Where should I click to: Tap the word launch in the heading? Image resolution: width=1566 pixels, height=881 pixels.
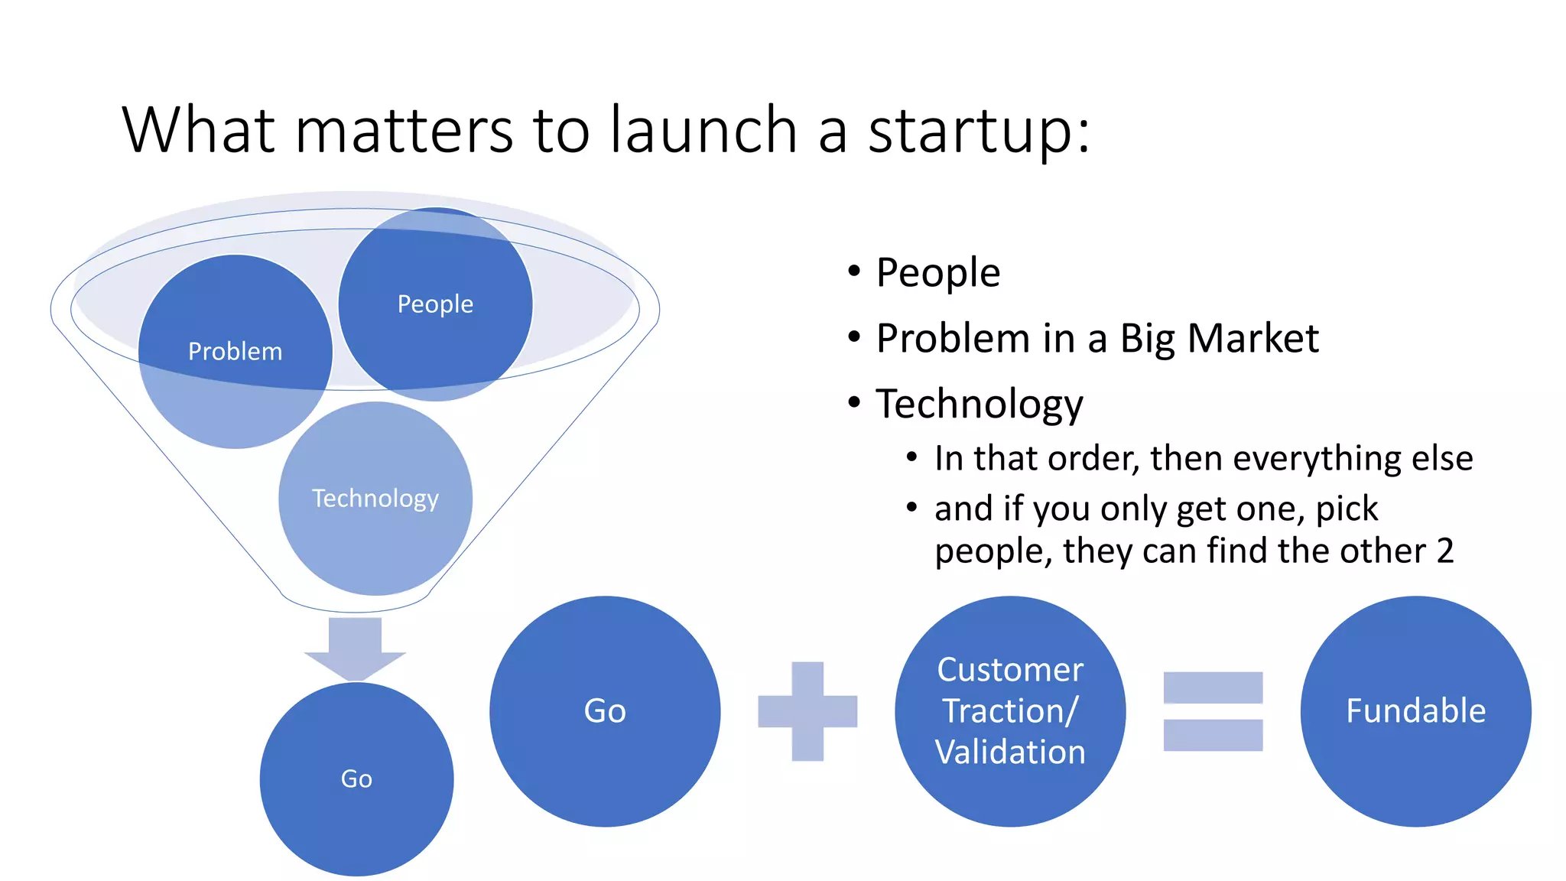tap(703, 130)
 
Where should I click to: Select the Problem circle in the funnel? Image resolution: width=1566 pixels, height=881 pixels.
tap(236, 351)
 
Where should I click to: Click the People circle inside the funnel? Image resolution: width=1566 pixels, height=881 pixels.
tap(435, 304)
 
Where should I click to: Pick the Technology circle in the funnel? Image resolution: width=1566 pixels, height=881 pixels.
tap(375, 499)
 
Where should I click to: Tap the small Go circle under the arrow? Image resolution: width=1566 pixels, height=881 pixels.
tap(356, 779)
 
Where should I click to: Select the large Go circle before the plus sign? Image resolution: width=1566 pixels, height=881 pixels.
tap(605, 711)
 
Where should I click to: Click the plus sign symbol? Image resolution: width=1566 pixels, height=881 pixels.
tap(807, 711)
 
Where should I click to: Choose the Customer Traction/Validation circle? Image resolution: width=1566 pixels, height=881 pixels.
tap(1010, 711)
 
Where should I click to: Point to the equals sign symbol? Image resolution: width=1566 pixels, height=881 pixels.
tap(1213, 711)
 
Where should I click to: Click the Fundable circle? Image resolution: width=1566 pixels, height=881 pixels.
tap(1415, 711)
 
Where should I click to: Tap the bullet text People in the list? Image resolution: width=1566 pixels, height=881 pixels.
tap(937, 273)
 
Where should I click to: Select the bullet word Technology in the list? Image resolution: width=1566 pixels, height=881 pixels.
tap(980, 404)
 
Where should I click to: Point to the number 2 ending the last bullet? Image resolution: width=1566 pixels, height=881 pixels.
tap(1444, 551)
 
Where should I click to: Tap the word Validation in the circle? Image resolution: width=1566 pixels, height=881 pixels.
tap(1010, 753)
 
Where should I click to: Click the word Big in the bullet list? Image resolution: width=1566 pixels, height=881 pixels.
tap(1147, 340)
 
